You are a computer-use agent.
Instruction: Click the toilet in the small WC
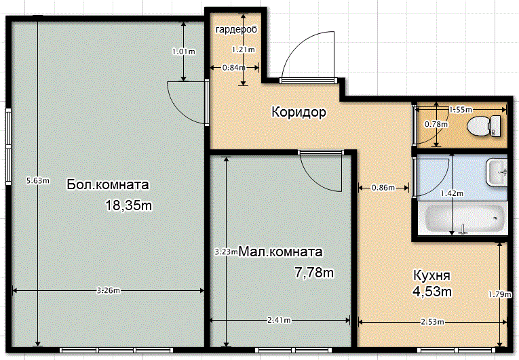(484, 125)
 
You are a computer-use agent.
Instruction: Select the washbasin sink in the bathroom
(497, 172)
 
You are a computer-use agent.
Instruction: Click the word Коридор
(299, 112)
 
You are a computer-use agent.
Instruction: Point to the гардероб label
(236, 30)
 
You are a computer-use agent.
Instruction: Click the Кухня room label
(431, 275)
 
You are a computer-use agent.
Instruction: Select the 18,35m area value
(128, 205)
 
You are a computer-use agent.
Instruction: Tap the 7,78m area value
(314, 273)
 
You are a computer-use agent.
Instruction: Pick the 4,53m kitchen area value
(432, 292)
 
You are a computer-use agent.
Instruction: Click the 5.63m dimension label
(38, 180)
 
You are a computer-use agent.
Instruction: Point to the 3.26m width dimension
(109, 291)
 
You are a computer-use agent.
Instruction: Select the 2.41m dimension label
(279, 320)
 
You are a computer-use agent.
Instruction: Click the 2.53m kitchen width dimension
(432, 322)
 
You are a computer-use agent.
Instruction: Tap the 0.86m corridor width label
(383, 188)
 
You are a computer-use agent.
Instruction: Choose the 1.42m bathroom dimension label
(452, 193)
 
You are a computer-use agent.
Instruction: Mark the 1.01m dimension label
(184, 52)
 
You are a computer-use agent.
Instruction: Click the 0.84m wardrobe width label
(233, 68)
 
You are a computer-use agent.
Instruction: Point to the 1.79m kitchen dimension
(500, 294)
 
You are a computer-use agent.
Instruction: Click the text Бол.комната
(108, 184)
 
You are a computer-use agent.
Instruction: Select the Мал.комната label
(280, 252)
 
